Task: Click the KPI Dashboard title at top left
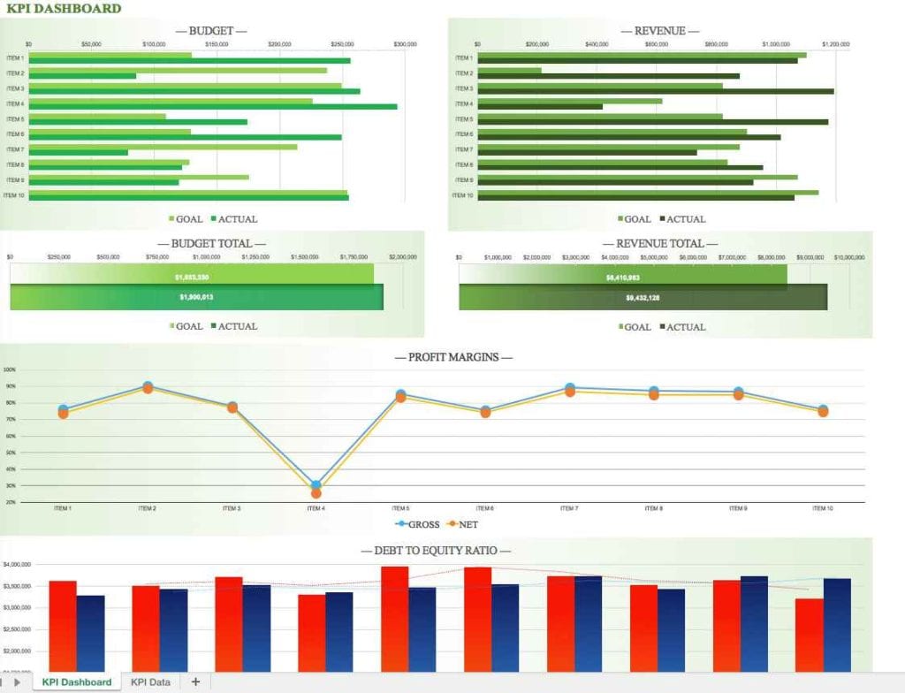64,9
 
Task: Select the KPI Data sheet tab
150,682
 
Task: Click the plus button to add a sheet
195,682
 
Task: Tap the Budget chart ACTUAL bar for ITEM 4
212,107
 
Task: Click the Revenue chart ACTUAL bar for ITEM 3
655,91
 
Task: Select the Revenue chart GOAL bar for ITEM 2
509,71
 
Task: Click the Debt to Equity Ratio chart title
436,551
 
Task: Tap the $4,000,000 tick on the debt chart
18,564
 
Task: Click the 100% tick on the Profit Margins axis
10,370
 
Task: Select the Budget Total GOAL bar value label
192,277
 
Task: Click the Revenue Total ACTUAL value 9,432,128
643,298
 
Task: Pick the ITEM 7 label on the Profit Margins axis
569,508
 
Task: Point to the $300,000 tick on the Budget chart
406,43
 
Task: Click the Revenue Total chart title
659,243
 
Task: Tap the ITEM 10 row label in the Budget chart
14,195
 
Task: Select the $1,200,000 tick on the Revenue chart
835,43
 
